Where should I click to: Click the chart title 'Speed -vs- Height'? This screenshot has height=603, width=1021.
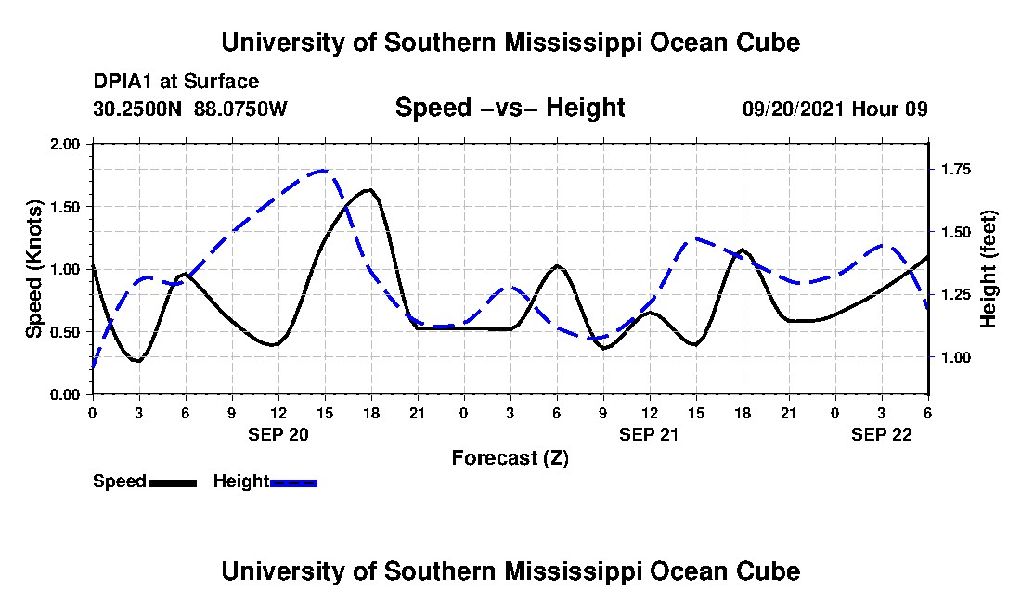pos(510,109)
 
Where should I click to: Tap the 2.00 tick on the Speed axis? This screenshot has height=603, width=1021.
pos(67,145)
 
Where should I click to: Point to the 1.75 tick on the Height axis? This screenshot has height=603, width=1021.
pos(955,170)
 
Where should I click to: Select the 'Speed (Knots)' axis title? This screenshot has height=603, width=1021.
pos(34,269)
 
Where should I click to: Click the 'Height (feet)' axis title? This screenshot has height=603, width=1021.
pos(989,269)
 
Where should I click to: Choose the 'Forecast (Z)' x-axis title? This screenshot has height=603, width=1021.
pos(510,457)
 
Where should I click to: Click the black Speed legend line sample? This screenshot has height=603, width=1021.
pos(173,482)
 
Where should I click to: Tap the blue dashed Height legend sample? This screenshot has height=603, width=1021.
pos(293,482)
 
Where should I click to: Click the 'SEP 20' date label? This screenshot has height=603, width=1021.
pos(278,434)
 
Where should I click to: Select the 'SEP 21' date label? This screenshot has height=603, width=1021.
pos(649,434)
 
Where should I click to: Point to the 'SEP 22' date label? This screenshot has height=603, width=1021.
pos(882,434)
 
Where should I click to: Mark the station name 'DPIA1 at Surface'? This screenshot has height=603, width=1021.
pos(176,83)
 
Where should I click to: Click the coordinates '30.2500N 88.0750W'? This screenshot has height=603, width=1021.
pos(190,109)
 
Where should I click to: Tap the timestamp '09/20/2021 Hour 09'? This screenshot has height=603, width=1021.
pos(835,109)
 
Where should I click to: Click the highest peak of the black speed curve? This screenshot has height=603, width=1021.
pos(369,190)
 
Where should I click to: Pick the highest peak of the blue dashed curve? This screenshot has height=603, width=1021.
pos(323,171)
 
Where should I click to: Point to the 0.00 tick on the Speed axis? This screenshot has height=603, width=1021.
pos(67,395)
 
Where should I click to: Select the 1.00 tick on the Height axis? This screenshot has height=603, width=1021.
pos(955,357)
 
